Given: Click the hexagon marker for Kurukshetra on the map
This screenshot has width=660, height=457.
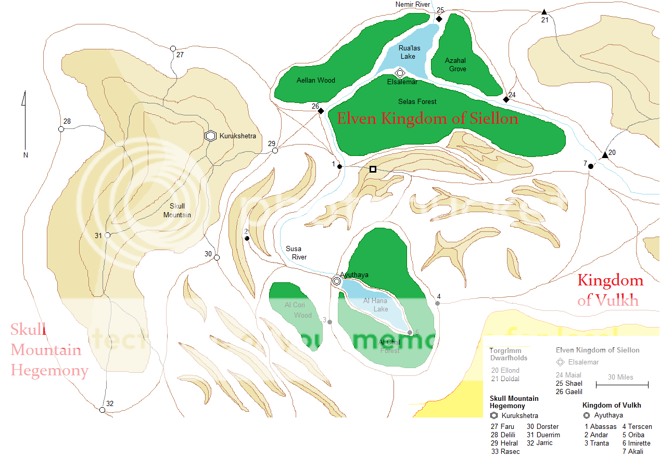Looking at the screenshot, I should click(210, 136).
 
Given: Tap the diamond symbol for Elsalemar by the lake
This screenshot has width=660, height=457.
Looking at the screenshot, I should click(400, 73).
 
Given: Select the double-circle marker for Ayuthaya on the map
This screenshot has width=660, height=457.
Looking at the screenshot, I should click(337, 281).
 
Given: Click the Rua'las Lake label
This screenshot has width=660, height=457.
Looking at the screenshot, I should click(409, 52).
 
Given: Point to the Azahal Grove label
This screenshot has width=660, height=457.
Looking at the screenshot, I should click(455, 64).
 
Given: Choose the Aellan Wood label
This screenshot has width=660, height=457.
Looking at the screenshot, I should click(316, 81).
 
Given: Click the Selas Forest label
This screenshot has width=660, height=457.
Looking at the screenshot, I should click(417, 102).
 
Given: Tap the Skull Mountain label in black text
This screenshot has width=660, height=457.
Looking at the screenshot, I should click(177, 211).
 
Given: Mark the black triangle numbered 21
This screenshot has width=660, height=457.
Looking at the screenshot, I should click(544, 12).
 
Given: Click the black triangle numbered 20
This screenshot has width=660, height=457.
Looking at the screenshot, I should click(605, 155).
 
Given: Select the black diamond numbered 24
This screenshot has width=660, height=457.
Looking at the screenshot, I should click(506, 99).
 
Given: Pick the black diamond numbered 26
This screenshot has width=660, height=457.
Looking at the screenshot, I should click(321, 111).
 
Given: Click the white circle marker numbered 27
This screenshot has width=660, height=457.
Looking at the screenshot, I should click(173, 48).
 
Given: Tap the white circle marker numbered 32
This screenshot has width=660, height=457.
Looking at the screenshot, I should click(102, 410).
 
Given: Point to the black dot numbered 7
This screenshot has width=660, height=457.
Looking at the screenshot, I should click(591, 166).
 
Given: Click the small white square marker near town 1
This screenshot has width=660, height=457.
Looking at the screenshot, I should click(373, 169).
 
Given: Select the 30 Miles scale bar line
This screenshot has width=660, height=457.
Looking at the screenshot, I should click(622, 385).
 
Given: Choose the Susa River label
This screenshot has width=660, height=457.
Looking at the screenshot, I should click(296, 253).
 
